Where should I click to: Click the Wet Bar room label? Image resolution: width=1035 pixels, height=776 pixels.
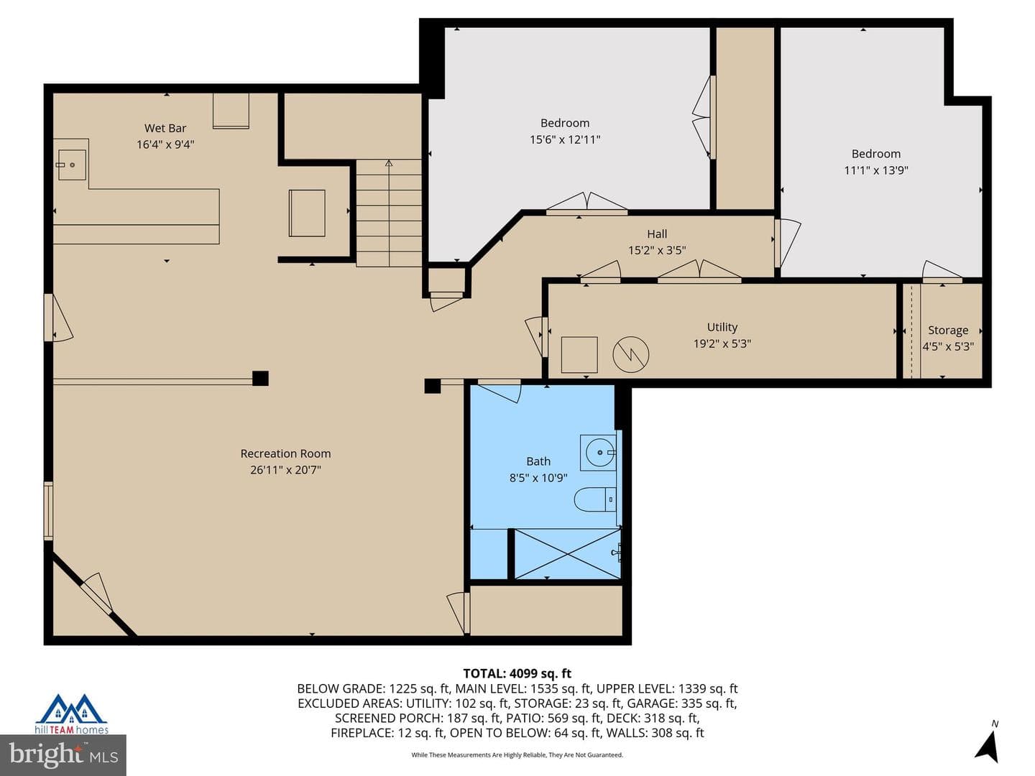[165, 128]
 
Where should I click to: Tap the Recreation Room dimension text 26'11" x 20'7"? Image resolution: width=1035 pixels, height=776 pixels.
[285, 470]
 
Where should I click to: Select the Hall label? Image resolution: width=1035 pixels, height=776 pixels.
[657, 234]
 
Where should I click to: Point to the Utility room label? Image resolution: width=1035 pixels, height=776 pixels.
[722, 327]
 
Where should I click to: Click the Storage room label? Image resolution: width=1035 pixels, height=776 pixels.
[948, 331]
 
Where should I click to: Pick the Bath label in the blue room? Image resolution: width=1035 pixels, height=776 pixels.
[538, 461]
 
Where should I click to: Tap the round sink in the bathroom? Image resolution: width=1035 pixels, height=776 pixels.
[599, 453]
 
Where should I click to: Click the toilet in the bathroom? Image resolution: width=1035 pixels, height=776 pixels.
[595, 499]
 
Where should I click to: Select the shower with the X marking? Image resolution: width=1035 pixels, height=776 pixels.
[567, 554]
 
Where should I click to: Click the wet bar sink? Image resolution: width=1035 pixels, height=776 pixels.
[72, 165]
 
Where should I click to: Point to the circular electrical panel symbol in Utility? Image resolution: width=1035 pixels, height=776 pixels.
[630, 354]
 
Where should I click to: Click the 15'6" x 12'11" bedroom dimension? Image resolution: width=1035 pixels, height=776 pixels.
[565, 139]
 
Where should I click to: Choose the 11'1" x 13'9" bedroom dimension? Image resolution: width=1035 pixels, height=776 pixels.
[875, 170]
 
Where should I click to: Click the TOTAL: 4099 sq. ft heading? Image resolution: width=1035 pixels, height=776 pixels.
[517, 673]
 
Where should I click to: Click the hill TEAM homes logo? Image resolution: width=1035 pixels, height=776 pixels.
[72, 713]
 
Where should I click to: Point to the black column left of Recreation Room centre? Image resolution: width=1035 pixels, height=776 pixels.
[260, 379]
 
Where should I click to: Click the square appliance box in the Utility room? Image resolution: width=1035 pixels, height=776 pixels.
[579, 355]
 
